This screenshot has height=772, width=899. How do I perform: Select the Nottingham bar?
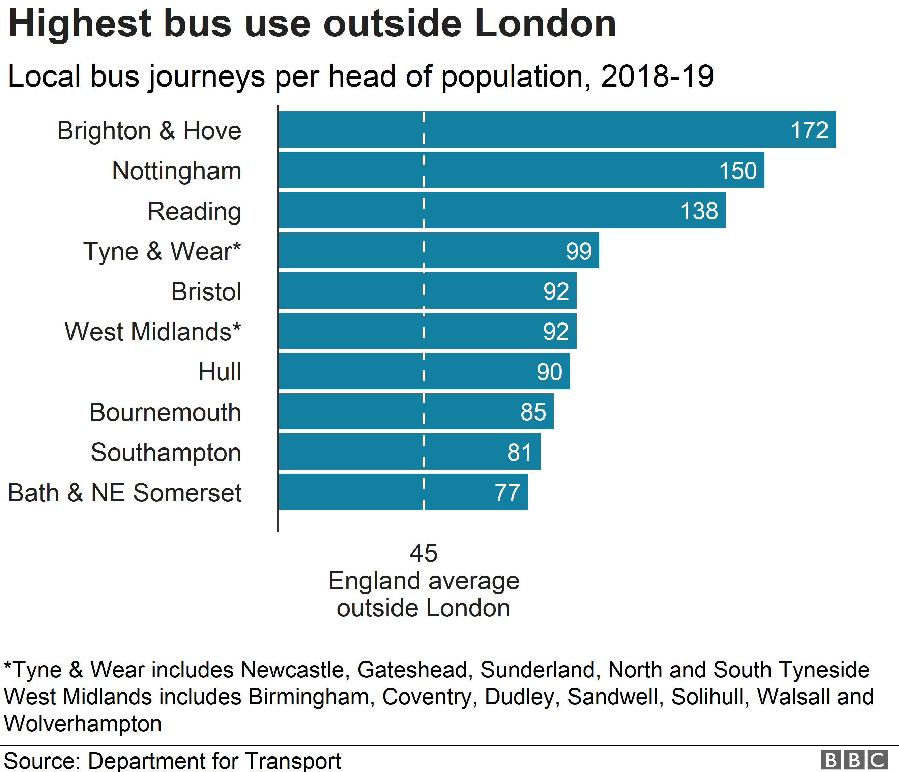(521, 169)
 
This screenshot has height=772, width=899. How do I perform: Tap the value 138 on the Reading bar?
(699, 211)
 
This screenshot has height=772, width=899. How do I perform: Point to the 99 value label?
(578, 251)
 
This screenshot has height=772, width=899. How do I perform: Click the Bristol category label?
(206, 291)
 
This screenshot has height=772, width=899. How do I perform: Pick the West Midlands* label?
(153, 332)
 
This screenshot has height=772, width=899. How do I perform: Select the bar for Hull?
(424, 371)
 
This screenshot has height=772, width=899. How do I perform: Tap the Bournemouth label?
(165, 412)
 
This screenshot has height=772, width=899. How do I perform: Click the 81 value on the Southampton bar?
(519, 452)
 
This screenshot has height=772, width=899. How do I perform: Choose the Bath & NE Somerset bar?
(403, 492)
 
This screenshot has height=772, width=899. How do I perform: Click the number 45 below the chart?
(424, 554)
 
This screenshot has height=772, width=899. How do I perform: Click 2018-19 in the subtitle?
(657, 76)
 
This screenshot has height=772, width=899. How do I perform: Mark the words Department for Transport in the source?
(214, 761)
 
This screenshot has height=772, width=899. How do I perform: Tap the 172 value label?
(809, 130)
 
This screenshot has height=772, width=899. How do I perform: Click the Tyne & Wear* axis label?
(162, 251)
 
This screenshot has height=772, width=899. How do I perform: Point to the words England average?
(424, 581)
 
